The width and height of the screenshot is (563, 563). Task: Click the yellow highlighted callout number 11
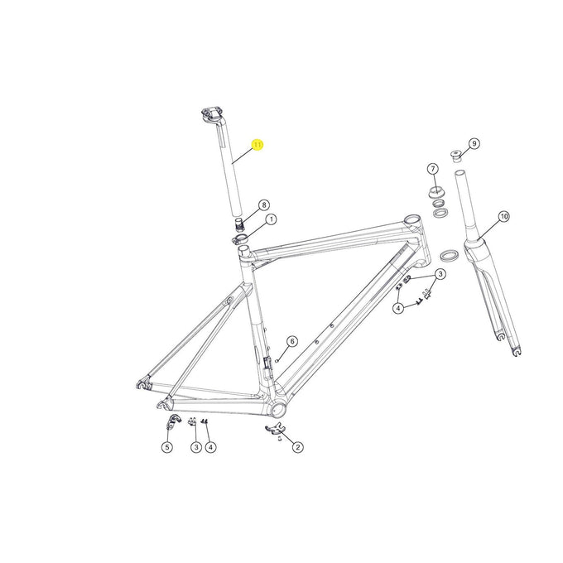(257, 145)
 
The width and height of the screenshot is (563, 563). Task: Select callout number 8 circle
(264, 205)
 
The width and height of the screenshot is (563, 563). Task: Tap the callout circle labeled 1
(271, 219)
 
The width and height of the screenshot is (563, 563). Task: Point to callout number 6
(291, 341)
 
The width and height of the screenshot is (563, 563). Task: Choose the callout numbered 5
(166, 447)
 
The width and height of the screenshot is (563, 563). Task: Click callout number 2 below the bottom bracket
(297, 447)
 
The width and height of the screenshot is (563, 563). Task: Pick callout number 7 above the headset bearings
(432, 169)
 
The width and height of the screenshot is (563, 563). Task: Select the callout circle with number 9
(474, 143)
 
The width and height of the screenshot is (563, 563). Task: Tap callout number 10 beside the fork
(503, 217)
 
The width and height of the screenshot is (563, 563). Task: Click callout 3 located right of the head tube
(441, 274)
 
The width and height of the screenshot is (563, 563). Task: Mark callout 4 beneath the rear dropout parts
(211, 447)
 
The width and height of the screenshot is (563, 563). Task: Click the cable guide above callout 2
(276, 428)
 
